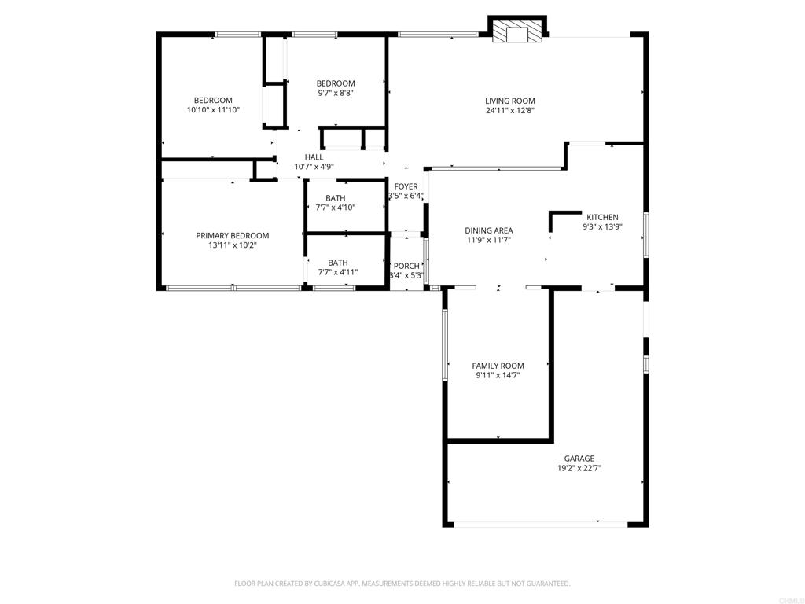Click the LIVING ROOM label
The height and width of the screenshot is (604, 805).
pyautogui.click(x=509, y=101)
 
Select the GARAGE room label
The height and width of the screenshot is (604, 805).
pyautogui.click(x=579, y=459)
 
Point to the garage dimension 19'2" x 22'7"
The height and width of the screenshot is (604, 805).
pyautogui.click(x=579, y=469)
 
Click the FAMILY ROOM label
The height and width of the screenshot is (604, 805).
pyautogui.click(x=498, y=366)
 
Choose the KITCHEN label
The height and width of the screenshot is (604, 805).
pyautogui.click(x=602, y=217)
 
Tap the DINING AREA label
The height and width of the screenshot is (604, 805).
pyautogui.click(x=489, y=230)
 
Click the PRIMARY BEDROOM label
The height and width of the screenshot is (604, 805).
pyautogui.click(x=233, y=236)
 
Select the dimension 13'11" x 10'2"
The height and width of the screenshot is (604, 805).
pyautogui.click(x=233, y=245)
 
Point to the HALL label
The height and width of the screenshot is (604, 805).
pyautogui.click(x=314, y=157)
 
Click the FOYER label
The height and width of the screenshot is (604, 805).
pyautogui.click(x=406, y=186)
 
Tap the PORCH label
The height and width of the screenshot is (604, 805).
pyautogui.click(x=406, y=266)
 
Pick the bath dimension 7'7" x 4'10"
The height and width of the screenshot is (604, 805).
pyautogui.click(x=335, y=208)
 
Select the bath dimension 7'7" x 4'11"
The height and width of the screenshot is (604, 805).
pyautogui.click(x=338, y=272)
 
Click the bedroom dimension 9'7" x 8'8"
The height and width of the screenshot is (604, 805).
pyautogui.click(x=336, y=93)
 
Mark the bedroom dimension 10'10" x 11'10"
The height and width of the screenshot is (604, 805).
pyautogui.click(x=213, y=110)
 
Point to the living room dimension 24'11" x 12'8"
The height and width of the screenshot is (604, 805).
pyautogui.click(x=510, y=110)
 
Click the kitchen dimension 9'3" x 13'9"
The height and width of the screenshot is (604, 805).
pyautogui.click(x=602, y=226)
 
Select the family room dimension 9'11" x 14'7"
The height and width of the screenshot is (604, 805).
pyautogui.click(x=498, y=376)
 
